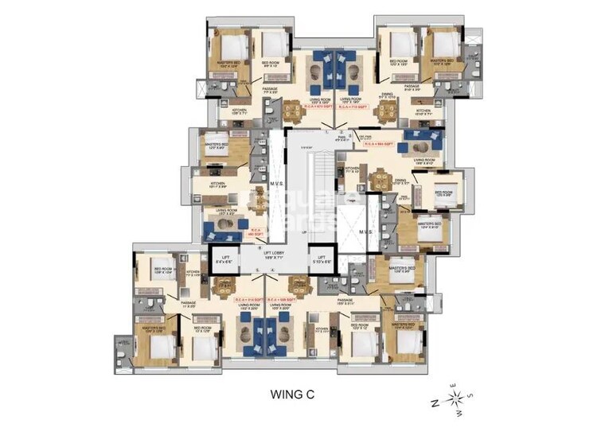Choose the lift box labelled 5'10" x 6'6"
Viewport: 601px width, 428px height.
pyautogui.click(x=322, y=259)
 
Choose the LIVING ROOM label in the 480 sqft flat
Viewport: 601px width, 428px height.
pyautogui.click(x=225, y=211)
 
